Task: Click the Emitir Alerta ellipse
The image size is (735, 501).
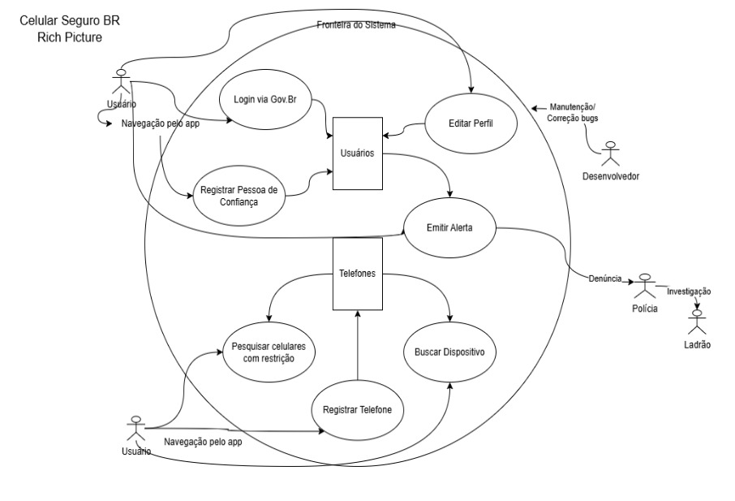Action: (x=449, y=228)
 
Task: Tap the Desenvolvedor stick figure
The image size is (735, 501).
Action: (x=612, y=155)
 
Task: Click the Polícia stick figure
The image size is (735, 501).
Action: (x=646, y=285)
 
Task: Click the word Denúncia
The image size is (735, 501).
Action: (x=605, y=278)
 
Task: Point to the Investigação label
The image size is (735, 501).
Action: (x=688, y=291)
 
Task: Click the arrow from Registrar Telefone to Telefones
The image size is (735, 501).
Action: (x=357, y=345)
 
